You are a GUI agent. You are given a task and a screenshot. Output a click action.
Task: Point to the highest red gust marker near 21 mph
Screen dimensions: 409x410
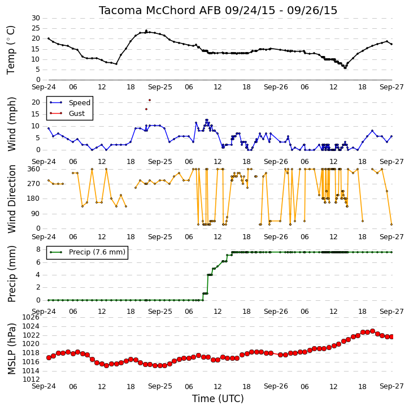click(x=150, y=100)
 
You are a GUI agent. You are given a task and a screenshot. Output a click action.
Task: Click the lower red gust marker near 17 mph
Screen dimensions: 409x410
click(x=146, y=109)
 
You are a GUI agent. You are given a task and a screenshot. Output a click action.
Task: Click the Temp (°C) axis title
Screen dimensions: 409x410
click(x=11, y=50)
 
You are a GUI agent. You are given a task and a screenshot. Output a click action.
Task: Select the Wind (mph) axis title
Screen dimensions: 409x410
click(x=11, y=124)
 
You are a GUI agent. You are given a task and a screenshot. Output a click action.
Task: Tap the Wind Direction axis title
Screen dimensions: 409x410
click(x=11, y=199)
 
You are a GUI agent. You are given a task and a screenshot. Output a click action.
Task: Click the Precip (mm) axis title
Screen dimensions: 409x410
click(x=11, y=274)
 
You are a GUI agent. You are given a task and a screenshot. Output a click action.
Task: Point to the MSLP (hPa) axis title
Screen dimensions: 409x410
click(x=11, y=349)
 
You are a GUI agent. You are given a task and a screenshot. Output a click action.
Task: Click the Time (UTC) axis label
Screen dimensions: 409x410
click(x=218, y=399)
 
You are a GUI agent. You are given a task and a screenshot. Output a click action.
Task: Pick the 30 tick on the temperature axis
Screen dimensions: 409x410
click(x=36, y=18)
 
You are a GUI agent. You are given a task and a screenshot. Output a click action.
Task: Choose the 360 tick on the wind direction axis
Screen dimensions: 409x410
click(x=34, y=169)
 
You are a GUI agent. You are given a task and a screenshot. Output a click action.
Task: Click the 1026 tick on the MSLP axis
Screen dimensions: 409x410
click(x=31, y=317)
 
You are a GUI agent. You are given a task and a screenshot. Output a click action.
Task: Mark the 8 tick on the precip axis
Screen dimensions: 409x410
click(x=38, y=249)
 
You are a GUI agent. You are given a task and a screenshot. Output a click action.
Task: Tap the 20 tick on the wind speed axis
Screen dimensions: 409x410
click(x=36, y=102)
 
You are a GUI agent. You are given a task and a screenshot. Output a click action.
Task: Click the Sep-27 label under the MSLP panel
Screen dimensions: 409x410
click(x=391, y=386)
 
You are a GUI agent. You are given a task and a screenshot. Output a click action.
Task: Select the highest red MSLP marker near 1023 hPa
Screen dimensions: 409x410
click(x=372, y=331)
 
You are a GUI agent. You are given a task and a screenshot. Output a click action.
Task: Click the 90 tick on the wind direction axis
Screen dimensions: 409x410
click(x=36, y=214)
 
